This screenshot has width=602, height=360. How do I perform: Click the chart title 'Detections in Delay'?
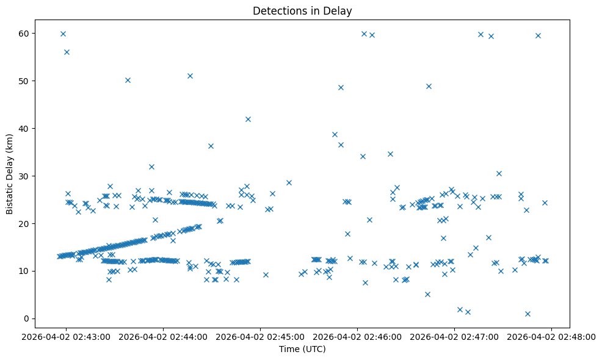(x=302, y=11)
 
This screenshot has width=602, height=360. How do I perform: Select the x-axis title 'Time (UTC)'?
(x=302, y=349)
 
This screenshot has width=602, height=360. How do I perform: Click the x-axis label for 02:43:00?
(x=66, y=336)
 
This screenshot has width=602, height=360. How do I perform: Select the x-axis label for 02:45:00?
(x=260, y=336)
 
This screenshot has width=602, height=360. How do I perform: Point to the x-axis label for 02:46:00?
(x=357, y=336)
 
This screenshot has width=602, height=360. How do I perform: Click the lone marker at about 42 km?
(x=248, y=119)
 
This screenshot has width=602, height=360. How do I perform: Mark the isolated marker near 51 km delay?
(x=190, y=76)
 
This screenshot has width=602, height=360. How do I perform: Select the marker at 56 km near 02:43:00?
(x=67, y=52)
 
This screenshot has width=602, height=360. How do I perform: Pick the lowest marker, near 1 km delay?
(x=528, y=314)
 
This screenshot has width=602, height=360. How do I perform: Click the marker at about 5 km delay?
(x=427, y=294)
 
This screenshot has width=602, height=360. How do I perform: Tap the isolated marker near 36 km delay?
(x=211, y=146)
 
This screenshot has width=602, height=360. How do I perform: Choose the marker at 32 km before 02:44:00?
(x=151, y=167)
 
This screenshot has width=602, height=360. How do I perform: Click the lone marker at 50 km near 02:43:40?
(x=128, y=80)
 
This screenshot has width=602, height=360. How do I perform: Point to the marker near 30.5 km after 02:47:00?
(x=499, y=173)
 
